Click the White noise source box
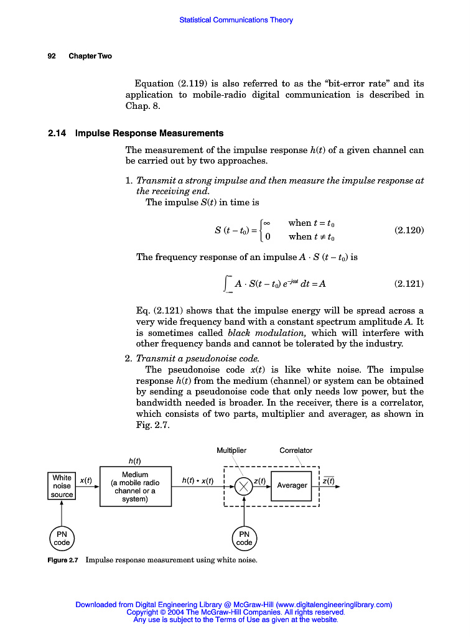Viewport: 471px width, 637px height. tap(62, 486)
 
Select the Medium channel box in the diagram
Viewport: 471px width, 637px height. tap(135, 486)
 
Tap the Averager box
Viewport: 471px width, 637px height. tap(292, 485)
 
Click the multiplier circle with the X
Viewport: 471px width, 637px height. tap(244, 485)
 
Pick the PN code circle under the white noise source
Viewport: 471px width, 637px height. tap(62, 538)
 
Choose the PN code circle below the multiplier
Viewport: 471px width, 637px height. tap(244, 538)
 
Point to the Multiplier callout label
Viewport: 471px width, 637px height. tap(231, 450)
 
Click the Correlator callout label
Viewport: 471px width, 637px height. tap(296, 450)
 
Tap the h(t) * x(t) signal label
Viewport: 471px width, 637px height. tap(198, 480)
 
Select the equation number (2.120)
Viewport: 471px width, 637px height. tap(409, 230)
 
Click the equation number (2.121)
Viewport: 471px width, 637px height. tap(409, 284)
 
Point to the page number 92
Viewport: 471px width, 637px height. tap(52, 56)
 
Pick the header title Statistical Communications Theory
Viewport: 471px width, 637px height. tap(236, 20)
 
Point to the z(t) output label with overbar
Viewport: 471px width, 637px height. tap(329, 480)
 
